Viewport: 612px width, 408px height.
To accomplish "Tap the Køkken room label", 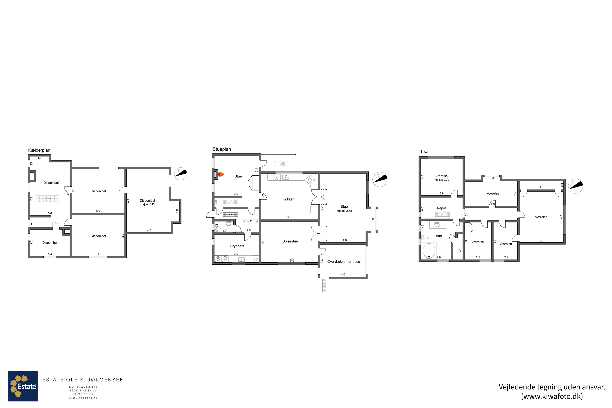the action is (x=289, y=199).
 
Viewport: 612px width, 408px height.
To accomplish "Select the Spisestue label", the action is (x=290, y=242).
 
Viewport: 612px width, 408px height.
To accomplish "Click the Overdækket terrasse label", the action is (x=344, y=262).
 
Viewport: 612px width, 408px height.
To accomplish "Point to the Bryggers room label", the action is (x=237, y=246).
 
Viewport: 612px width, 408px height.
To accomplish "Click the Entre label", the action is (x=247, y=220).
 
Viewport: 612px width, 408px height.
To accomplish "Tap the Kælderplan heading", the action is (x=39, y=150).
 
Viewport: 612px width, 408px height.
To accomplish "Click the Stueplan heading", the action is (x=222, y=149).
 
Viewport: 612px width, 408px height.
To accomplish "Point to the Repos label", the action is (x=442, y=208).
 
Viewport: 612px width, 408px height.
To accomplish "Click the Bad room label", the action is (x=439, y=236).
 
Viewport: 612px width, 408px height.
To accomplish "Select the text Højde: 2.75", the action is (x=344, y=211).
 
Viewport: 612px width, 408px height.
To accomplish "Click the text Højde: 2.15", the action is (x=147, y=205).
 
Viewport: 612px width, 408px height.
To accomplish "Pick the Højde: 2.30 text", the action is (x=442, y=180).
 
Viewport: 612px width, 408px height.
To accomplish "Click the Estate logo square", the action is (x=23, y=386).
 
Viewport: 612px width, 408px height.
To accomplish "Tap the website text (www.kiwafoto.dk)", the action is (x=552, y=396).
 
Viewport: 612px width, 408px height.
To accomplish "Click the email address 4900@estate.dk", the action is (x=83, y=398).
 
